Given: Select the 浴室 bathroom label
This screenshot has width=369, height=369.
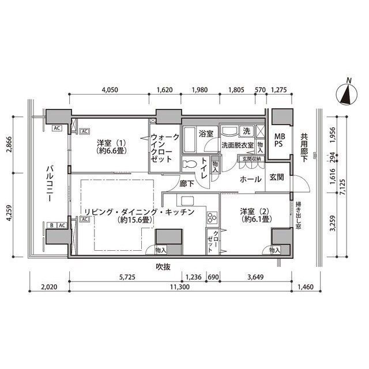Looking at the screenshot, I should point(206,134).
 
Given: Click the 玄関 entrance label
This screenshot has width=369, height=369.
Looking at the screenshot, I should point(276,178).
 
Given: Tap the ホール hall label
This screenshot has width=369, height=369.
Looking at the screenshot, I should point(250,179).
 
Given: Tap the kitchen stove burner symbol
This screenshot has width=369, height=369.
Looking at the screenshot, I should point(211,217).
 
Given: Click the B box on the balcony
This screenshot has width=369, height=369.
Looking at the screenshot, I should point(52,225).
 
